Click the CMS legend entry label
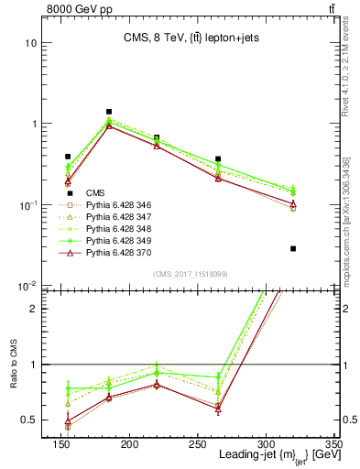(95, 192)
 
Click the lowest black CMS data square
(293, 248)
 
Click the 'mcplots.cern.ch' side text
(349, 247)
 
